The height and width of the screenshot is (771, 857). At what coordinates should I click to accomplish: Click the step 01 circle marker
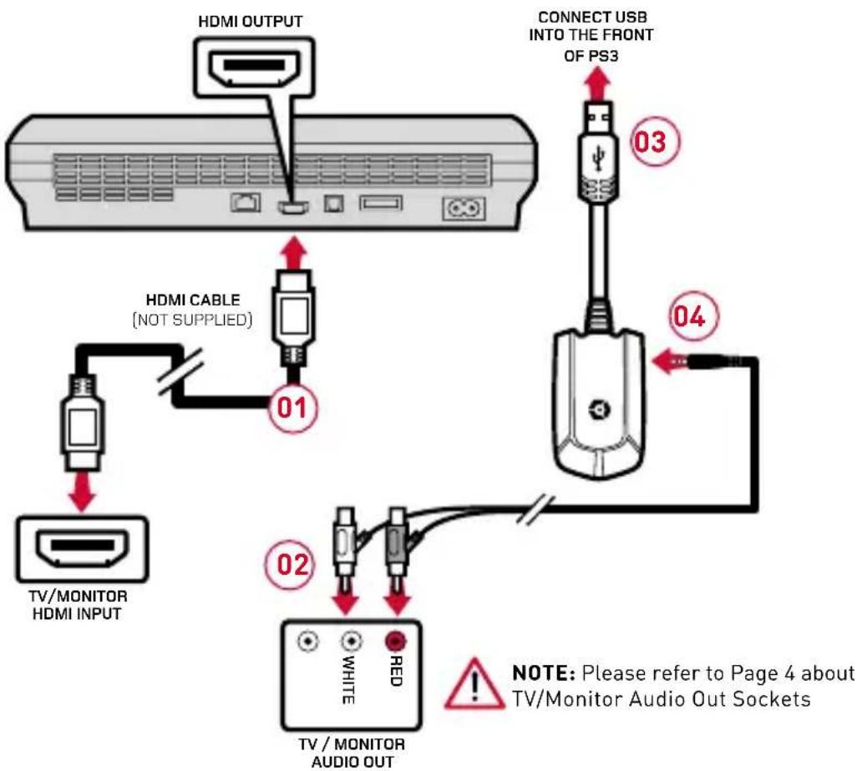point(293,407)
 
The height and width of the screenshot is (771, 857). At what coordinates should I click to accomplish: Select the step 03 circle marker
point(656,141)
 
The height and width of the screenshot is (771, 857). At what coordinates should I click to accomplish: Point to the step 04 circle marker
point(693,317)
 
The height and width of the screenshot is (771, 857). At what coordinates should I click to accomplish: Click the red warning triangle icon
point(474,685)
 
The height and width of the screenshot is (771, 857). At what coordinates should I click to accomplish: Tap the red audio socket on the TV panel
point(395,641)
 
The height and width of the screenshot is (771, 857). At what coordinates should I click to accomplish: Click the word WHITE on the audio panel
point(348,680)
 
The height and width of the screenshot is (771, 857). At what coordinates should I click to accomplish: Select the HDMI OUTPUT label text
point(250,22)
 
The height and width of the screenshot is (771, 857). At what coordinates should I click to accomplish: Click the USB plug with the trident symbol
point(598,150)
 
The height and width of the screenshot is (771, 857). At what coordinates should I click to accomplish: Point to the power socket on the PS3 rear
point(464,209)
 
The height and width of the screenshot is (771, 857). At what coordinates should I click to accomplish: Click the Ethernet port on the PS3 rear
point(246,203)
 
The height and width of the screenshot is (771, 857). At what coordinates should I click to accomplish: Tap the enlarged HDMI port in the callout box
point(255,67)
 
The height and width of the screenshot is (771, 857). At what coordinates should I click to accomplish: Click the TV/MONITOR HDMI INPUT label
point(78,604)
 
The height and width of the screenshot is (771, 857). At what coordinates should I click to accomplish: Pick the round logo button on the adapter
point(599,409)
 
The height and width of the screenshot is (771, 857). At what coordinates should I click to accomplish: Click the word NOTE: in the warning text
point(543,673)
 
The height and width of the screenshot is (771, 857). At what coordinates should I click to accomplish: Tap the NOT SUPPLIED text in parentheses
point(192,320)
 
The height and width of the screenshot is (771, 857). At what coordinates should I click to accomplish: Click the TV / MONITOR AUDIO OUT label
point(352,753)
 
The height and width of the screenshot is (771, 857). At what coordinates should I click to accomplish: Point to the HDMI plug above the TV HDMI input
point(82,421)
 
